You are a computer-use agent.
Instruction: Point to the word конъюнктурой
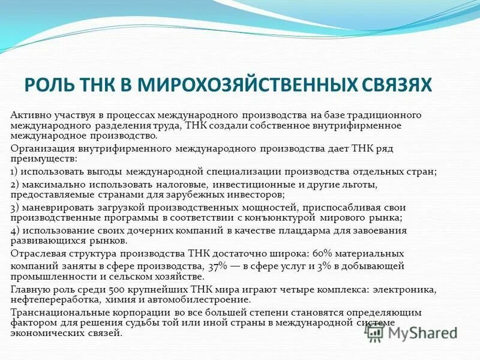[x=278, y=218]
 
